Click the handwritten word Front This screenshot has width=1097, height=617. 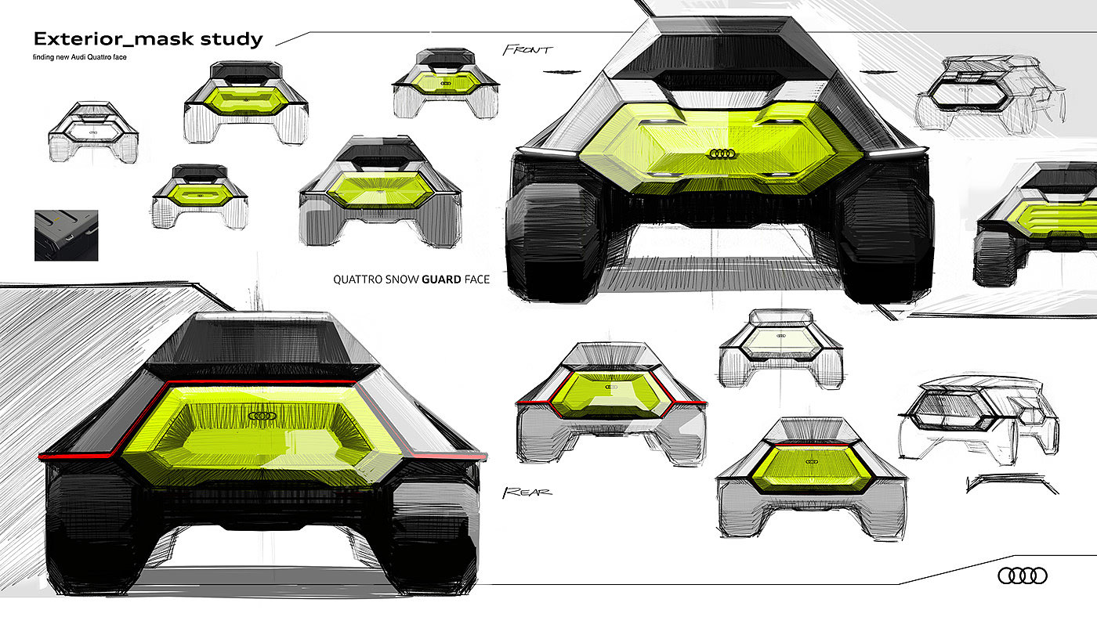click(527, 49)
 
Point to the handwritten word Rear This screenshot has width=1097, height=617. click(527, 492)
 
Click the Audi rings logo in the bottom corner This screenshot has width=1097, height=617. click(1022, 576)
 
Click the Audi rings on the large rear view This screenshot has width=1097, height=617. click(262, 416)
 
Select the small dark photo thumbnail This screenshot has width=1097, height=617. click(66, 235)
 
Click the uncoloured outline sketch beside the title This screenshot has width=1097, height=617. click(93, 132)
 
